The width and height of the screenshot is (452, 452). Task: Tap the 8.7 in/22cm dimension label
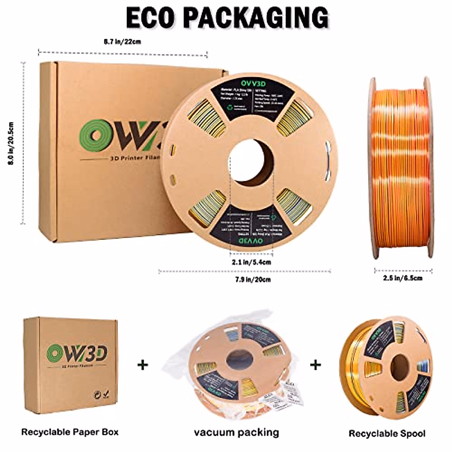coord(122,41)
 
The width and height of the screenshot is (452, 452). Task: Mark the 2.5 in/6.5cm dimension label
coord(402,278)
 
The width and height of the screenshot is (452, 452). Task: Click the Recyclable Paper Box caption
coord(70,432)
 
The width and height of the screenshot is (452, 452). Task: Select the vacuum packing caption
coord(236,432)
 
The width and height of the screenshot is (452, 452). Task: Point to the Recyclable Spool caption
coord(387,434)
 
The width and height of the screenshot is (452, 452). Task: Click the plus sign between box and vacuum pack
coord(143,365)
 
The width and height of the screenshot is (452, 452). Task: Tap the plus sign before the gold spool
coord(316,365)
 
